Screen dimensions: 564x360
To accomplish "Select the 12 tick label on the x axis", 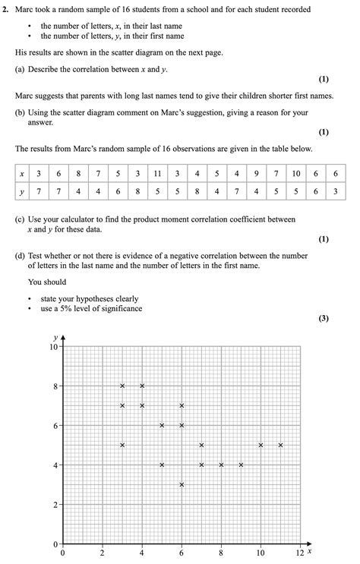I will pos(300,553).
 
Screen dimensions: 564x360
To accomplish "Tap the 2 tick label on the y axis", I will pos(56,505).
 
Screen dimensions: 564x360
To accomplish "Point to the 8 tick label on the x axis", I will pos(221,553).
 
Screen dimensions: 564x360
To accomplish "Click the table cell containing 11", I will pos(157,174).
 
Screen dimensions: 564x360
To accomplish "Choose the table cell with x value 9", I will pos(257,174).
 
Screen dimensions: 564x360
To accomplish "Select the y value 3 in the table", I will pos(336,193).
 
